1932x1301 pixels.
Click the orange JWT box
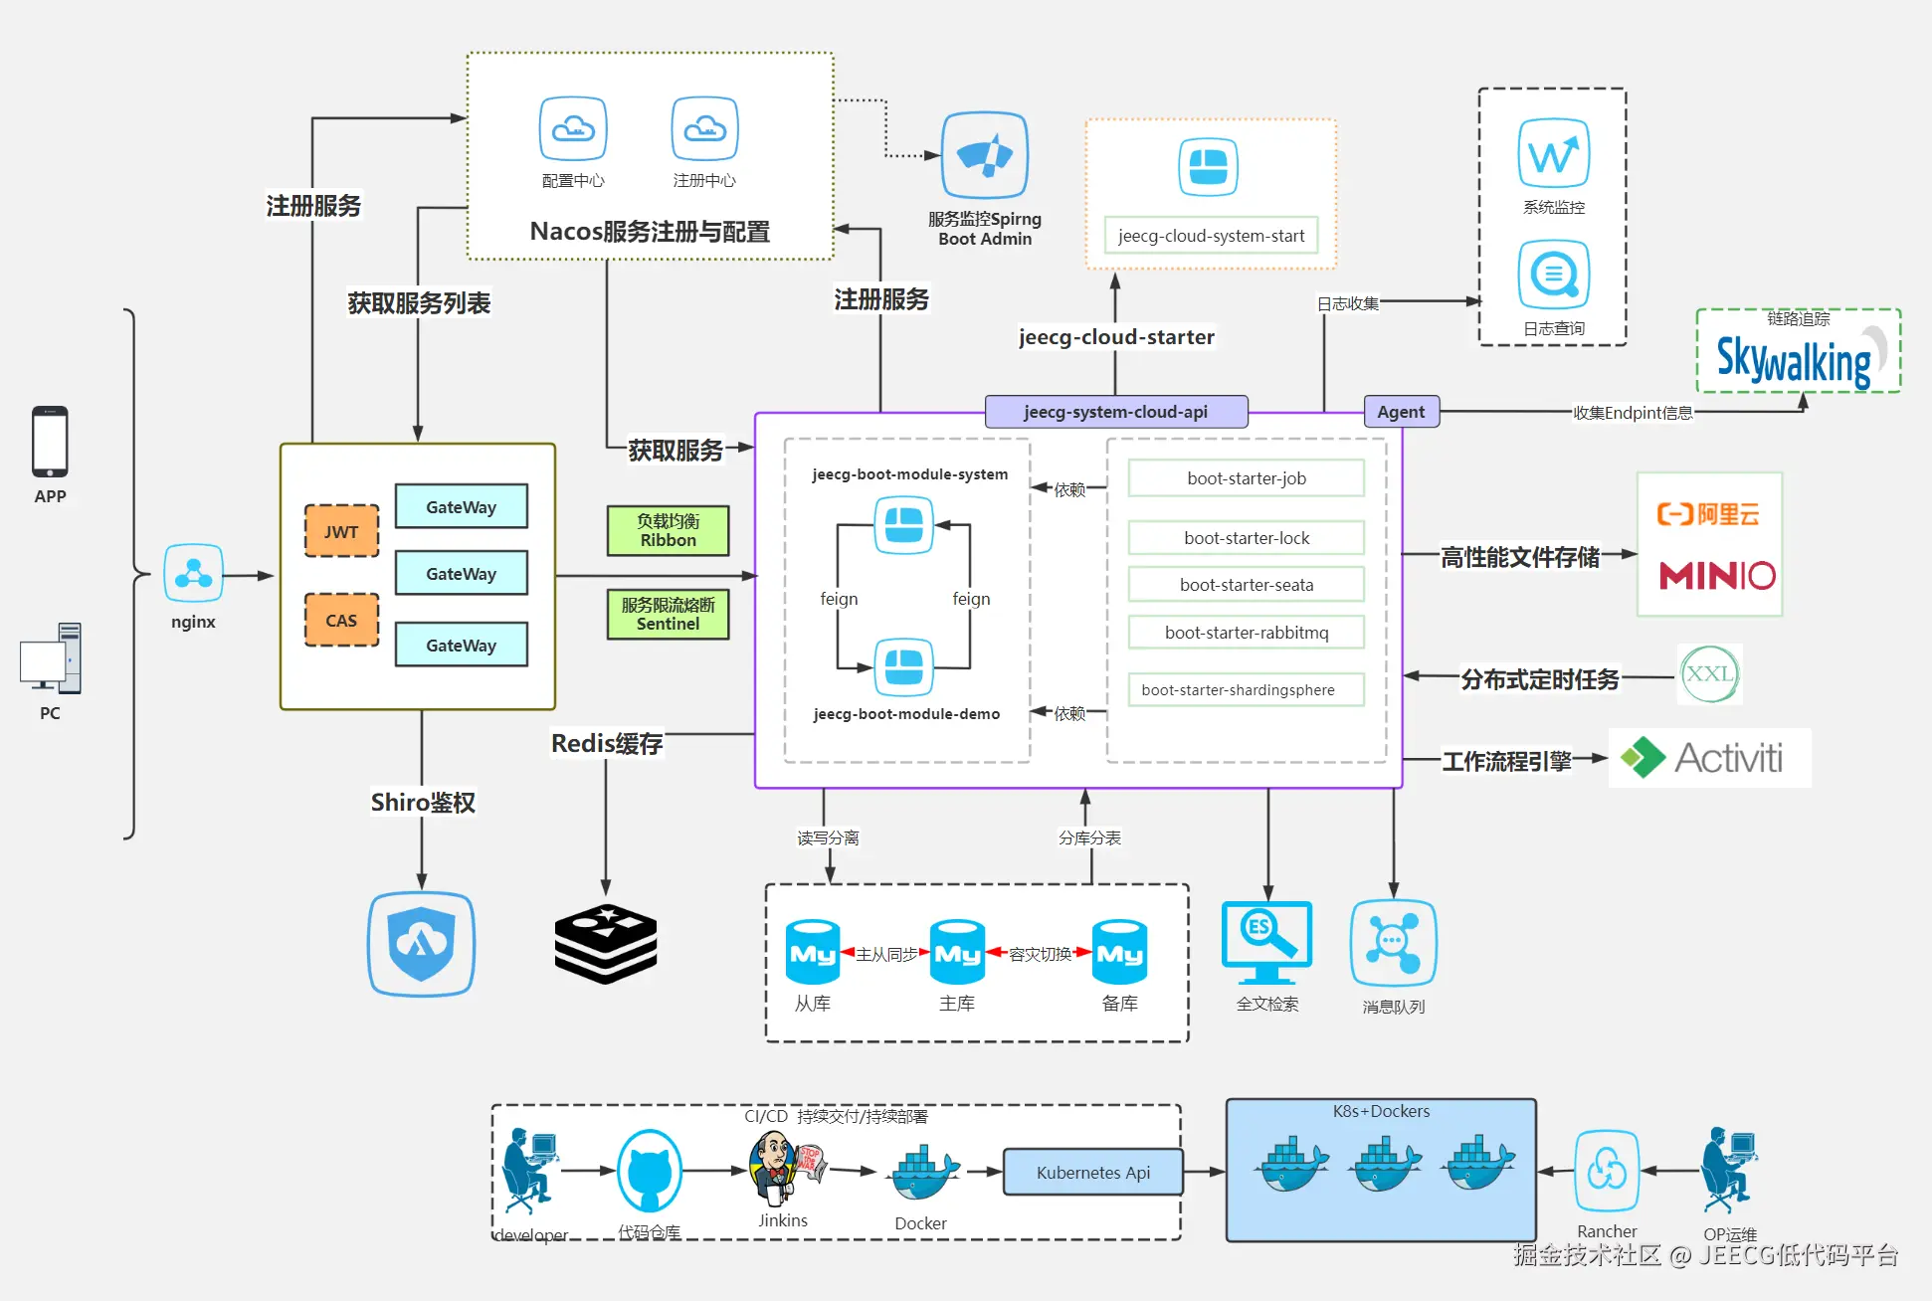341,531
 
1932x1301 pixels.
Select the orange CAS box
341,620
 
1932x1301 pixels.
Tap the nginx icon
193,574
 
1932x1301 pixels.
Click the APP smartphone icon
50,442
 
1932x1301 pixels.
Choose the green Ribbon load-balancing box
668,530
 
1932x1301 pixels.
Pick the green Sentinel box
668,614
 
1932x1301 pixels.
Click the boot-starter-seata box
1246,585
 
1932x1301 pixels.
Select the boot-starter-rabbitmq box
1246,633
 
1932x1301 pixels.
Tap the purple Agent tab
1400,412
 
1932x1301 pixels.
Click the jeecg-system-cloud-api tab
1115,412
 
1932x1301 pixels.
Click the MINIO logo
1717,575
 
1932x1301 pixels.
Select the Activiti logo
1709,758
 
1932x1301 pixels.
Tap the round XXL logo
1708,674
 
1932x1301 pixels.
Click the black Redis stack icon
605,944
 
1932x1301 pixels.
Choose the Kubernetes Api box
1092,1173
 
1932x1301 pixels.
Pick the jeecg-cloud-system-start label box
1211,236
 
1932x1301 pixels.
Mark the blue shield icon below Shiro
422,943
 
